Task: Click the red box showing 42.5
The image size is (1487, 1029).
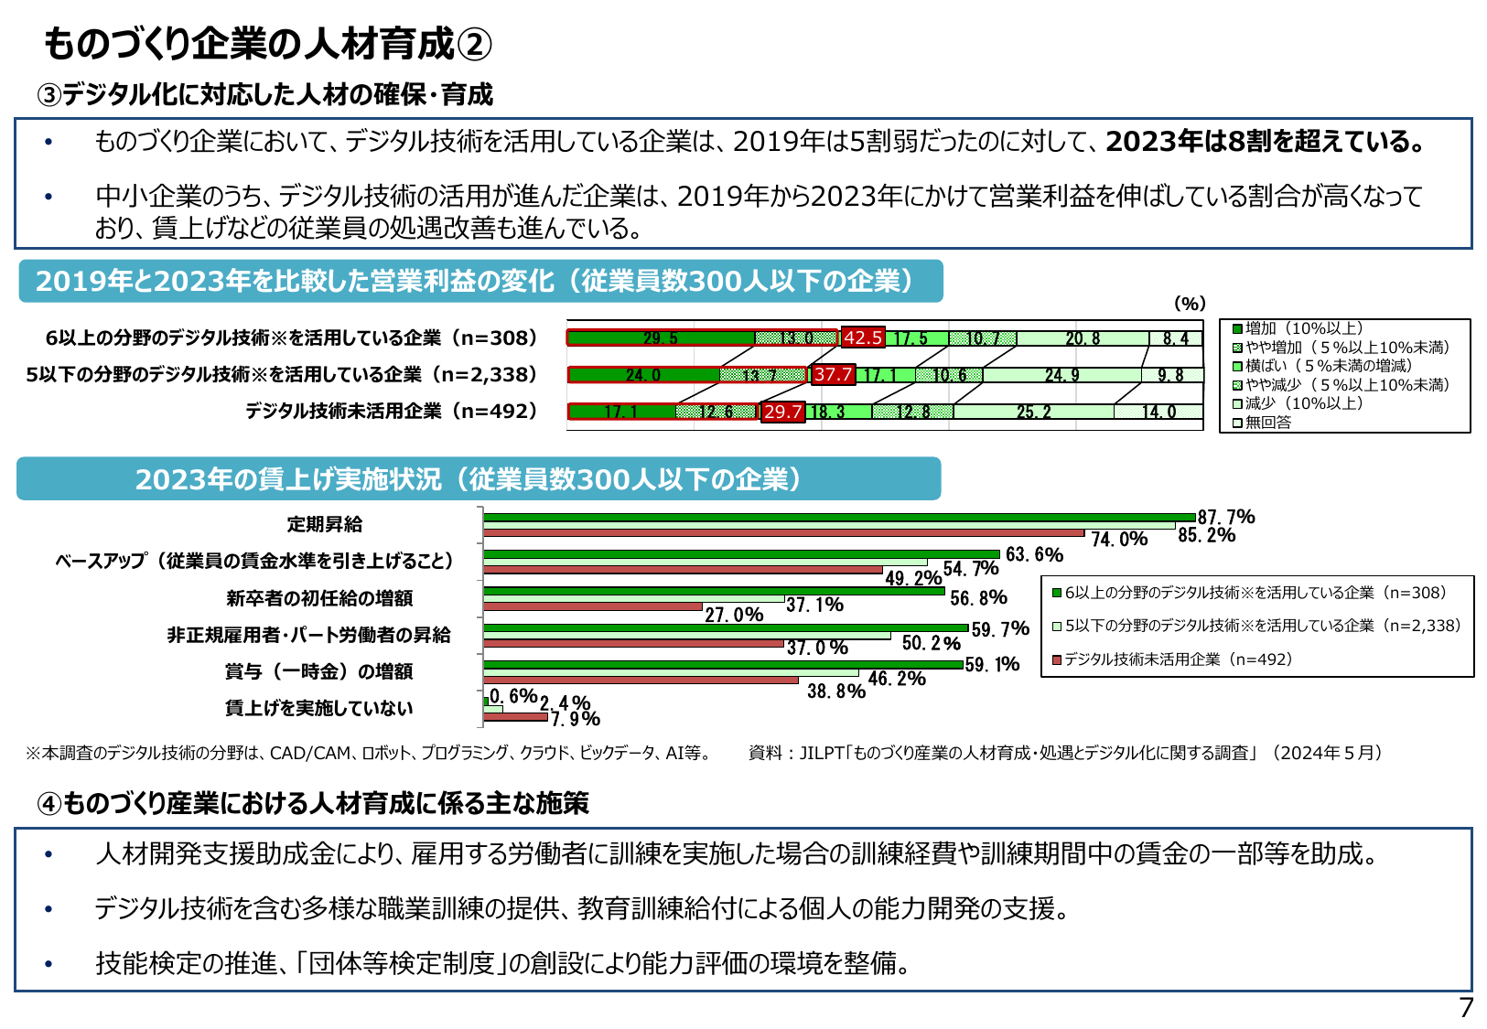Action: pos(863,338)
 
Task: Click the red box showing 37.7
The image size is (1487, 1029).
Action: pos(834,374)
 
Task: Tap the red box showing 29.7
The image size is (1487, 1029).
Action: pos(782,412)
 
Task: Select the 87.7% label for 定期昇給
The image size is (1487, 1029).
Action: pos(1226,518)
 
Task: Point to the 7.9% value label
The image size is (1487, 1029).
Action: pos(576,719)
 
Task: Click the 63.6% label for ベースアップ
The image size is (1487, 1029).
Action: pos(1034,554)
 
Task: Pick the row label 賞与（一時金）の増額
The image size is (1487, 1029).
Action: pos(318,671)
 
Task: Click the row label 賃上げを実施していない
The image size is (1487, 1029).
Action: pos(318,708)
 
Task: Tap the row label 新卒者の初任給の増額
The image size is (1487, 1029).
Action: pos(319,598)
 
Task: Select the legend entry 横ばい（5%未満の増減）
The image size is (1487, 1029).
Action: pos(1328,366)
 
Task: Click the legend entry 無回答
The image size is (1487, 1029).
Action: pos(1267,423)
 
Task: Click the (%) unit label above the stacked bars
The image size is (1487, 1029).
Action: pos(1190,304)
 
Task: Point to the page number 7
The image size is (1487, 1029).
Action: pos(1466,1008)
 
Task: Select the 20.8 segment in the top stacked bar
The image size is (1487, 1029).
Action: pos(1083,338)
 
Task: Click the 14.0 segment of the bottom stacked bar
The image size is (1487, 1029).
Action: pos(1158,412)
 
